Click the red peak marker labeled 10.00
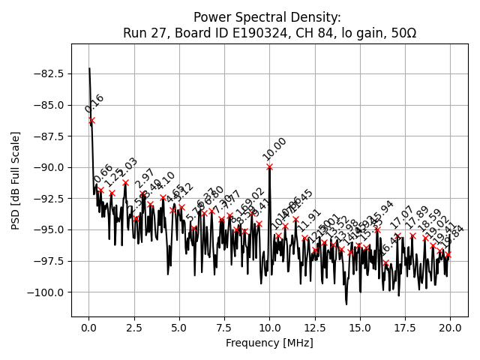[269, 166]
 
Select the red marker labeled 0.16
[91, 120]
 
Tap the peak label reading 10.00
[274, 148]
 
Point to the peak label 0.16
[94, 103]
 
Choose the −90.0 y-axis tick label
[46, 167]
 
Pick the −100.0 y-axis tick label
[44, 292]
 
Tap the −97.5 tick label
[46, 261]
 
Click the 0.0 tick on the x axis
[89, 327]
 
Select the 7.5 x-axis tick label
[224, 327]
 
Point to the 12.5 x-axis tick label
[315, 327]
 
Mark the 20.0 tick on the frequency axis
[450, 327]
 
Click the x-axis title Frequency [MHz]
[269, 343]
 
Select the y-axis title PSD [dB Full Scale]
[16, 180]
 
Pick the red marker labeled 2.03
[125, 182]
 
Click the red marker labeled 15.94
[377, 229]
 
